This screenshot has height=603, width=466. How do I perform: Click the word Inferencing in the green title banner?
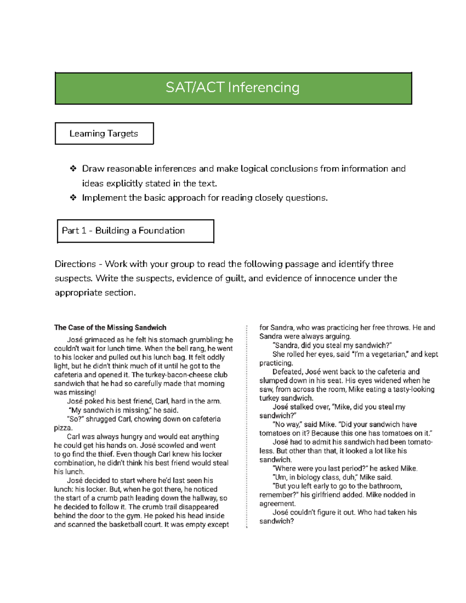[x=264, y=88]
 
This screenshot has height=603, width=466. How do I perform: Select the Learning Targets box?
[x=104, y=134]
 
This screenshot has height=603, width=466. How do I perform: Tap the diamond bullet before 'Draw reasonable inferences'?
[x=73, y=169]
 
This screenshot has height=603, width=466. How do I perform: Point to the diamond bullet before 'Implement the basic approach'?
[x=73, y=198]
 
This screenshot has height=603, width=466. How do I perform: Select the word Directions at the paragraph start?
[x=75, y=264]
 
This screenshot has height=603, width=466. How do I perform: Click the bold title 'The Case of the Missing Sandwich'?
[x=110, y=327]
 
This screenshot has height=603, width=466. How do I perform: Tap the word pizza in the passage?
[x=63, y=428]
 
